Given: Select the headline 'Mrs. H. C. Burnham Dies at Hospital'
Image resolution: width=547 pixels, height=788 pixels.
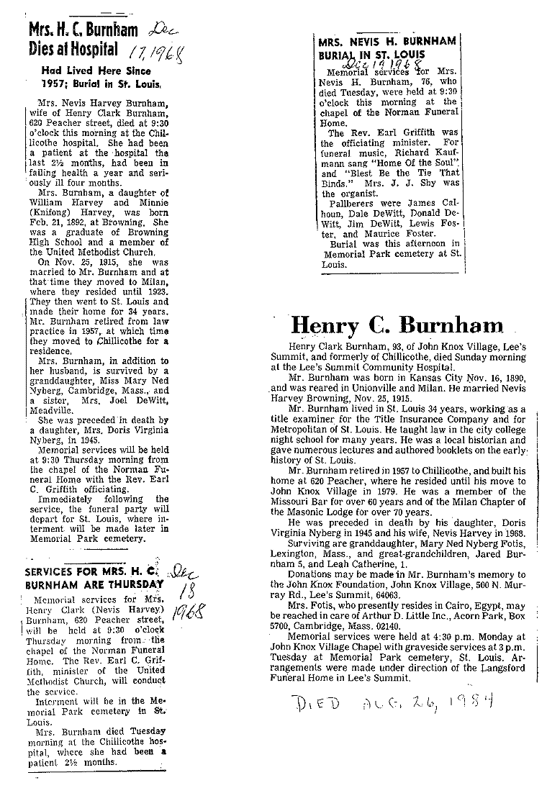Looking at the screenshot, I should pyautogui.click(x=74, y=40).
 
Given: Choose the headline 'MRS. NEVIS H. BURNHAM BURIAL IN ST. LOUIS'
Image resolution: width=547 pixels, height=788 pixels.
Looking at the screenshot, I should pyautogui.click(x=386, y=47).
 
